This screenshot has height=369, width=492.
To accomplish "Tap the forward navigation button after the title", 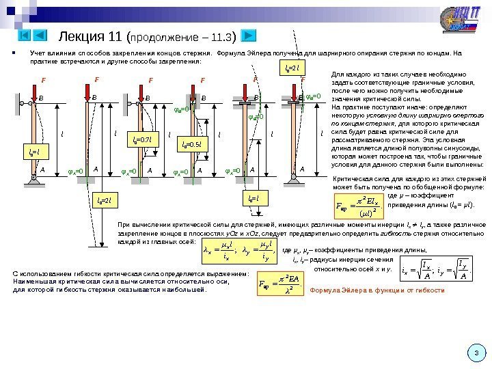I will (x=248, y=35).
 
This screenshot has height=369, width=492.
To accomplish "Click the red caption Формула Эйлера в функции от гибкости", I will (x=377, y=291).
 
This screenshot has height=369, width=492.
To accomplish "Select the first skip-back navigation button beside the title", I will (x=23, y=35).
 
